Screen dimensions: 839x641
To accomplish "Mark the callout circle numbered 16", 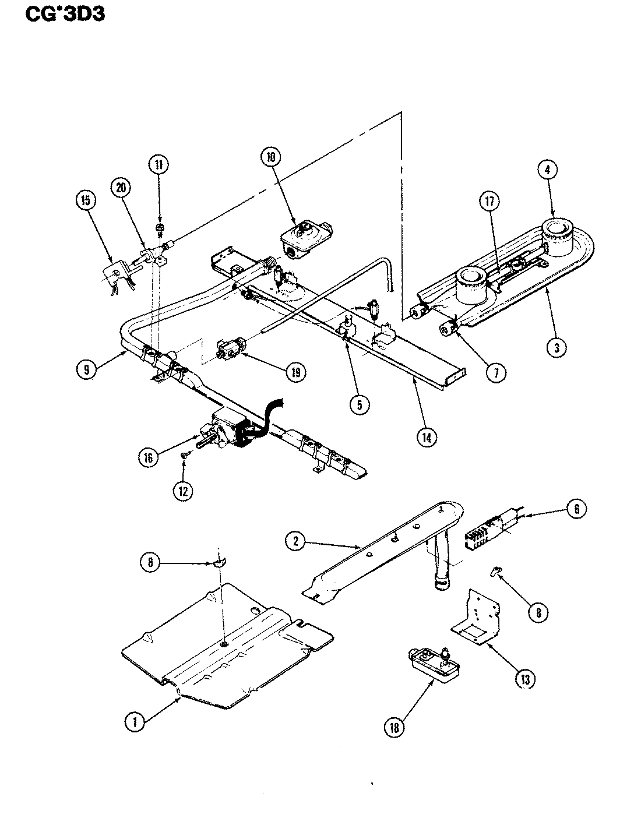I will click(149, 458).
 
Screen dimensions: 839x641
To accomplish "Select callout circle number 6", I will click(576, 509).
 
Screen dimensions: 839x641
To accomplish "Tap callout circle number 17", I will click(489, 202).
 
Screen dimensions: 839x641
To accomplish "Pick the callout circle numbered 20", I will click(121, 188).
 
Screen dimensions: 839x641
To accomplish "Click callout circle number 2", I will click(295, 542).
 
